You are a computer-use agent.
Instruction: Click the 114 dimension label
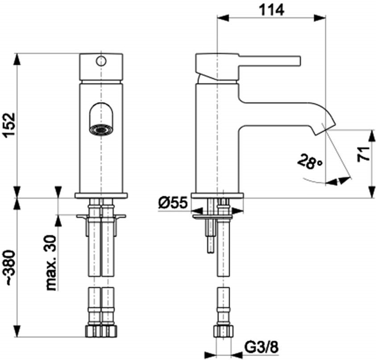coord(272,10)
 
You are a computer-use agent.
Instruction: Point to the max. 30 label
coord(51,263)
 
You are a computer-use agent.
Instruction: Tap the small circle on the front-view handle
coord(101,61)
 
